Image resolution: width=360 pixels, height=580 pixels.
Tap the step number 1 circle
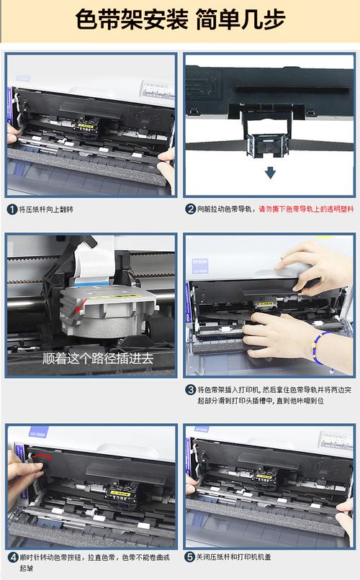click(12, 209)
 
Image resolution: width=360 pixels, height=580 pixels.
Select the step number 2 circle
click(191, 209)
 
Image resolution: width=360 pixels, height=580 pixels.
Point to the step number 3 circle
click(191, 389)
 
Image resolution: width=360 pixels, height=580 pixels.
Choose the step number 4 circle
click(12, 557)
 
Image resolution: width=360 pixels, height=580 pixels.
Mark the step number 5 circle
click(191, 557)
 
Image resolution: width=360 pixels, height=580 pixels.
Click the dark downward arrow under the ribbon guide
click(269, 173)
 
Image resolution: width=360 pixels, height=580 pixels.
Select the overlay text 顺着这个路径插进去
click(98, 358)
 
